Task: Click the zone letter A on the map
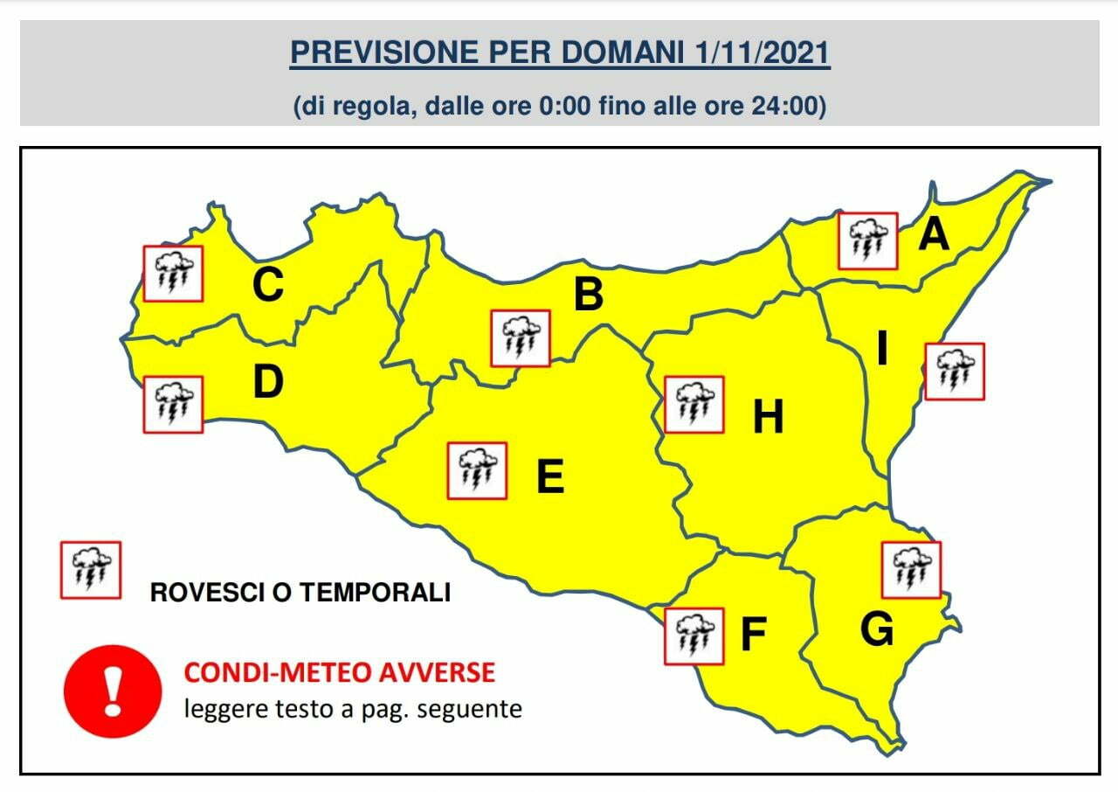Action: [934, 234]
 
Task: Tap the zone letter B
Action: [589, 295]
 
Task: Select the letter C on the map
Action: [267, 285]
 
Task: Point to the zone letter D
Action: [268, 382]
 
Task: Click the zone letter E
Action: [549, 477]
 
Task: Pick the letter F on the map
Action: [753, 636]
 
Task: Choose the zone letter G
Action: [877, 629]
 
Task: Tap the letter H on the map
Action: [769, 418]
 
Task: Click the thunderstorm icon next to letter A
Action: [867, 240]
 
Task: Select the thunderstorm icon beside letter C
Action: [173, 274]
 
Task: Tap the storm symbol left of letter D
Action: [173, 405]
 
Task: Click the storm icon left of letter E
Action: [477, 471]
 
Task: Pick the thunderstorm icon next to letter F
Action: [694, 636]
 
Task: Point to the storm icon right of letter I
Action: [954, 371]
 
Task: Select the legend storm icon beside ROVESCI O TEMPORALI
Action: [90, 570]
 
